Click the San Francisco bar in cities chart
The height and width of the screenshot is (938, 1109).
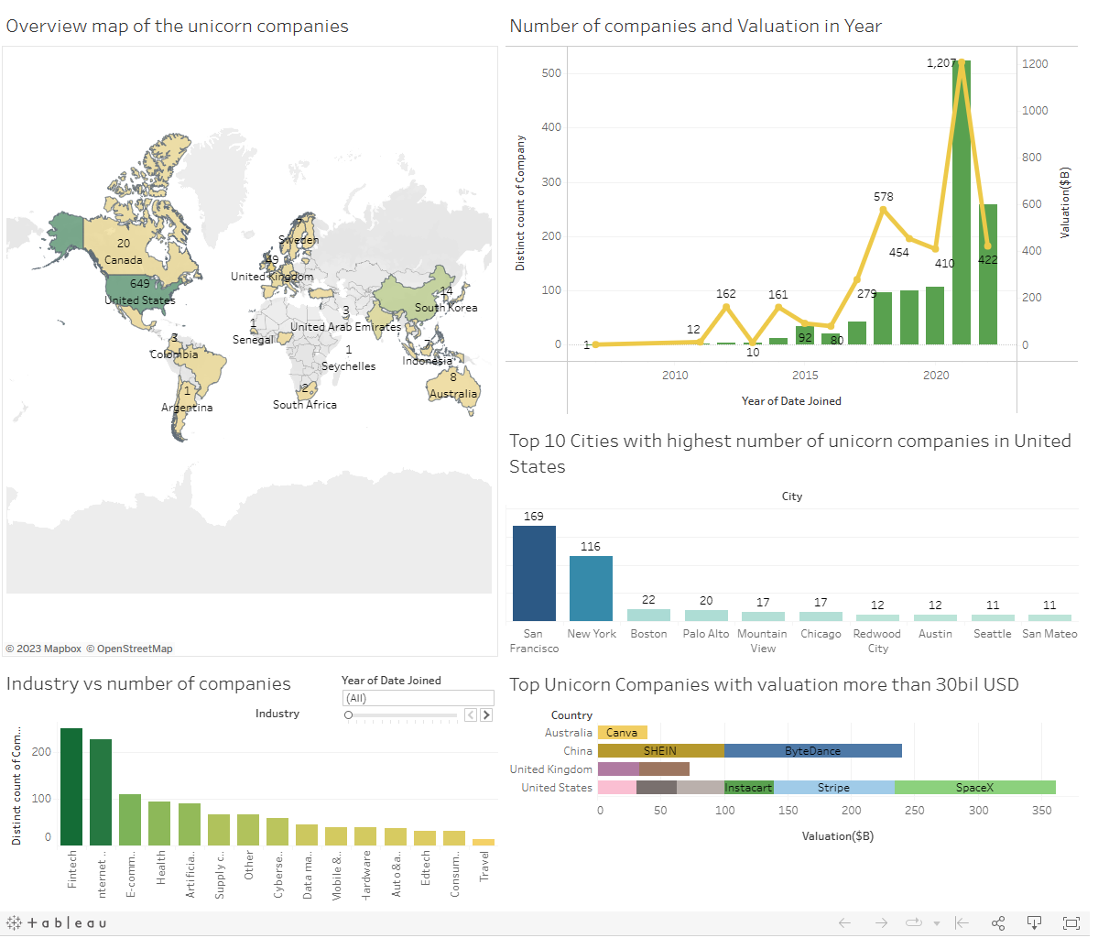pos(534,573)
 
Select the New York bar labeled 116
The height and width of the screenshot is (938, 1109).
pos(591,588)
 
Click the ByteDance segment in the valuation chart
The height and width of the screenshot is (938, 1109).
pos(812,751)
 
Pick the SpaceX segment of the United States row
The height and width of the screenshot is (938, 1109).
pos(974,788)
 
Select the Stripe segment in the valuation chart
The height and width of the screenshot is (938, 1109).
pos(833,788)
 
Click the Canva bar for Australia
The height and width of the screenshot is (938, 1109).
pos(622,733)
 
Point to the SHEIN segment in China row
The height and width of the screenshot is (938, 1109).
pos(660,751)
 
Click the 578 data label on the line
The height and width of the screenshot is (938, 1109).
pos(883,197)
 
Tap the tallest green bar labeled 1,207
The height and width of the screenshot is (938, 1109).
pos(962,202)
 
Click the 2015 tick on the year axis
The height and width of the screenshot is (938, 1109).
pos(805,376)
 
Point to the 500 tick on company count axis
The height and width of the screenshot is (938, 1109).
pos(551,73)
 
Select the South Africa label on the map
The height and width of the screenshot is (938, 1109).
pos(305,405)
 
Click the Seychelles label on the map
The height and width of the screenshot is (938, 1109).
pos(348,366)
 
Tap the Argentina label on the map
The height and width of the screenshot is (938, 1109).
pos(187,408)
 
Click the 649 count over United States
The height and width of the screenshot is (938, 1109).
pos(139,284)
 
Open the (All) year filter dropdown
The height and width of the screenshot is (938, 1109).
pos(418,698)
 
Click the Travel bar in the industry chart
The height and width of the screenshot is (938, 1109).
pos(484,842)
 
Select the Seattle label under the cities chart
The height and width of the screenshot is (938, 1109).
pos(992,634)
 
